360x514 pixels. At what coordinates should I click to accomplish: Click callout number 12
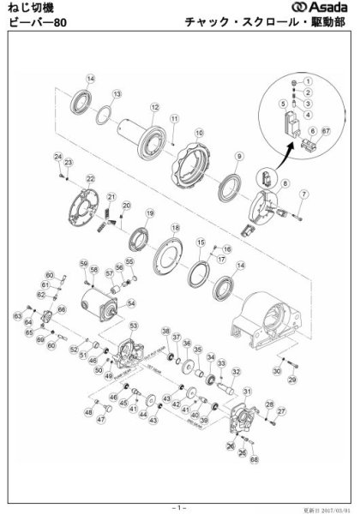(x=155, y=107)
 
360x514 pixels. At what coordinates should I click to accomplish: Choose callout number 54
(x=131, y=302)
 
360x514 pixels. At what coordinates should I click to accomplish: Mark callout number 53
(x=133, y=326)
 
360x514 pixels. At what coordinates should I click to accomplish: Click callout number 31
(x=248, y=391)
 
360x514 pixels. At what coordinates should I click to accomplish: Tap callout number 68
(x=254, y=459)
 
